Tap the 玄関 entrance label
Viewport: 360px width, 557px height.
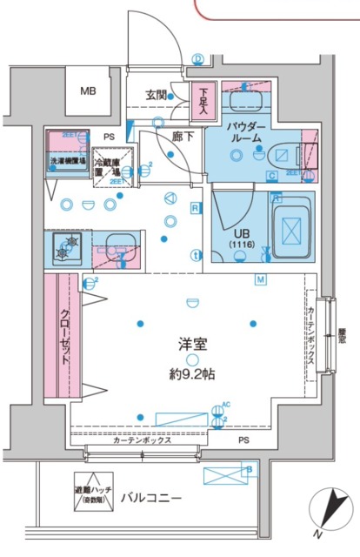157,95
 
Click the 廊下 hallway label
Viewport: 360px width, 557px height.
182,137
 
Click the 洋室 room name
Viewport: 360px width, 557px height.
192,345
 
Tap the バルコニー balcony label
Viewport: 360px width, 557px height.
150,498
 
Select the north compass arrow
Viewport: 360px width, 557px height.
332,511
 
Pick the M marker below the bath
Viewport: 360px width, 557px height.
259,278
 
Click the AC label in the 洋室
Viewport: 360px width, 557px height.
225,405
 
